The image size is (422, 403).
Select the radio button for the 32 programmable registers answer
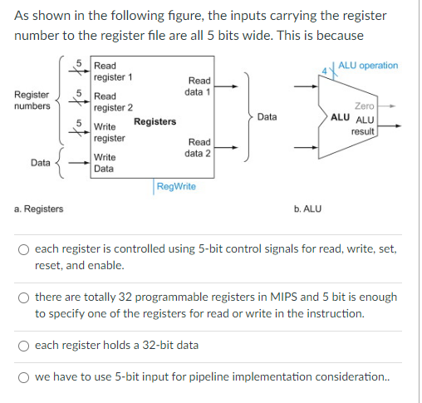click(23, 298)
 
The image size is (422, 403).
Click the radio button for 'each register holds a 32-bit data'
click(23, 346)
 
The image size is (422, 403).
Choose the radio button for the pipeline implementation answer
click(23, 377)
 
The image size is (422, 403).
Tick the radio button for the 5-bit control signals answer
click(23, 249)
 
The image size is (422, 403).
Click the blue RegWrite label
click(176, 186)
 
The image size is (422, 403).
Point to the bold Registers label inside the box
click(155, 121)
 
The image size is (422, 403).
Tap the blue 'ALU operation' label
click(368, 66)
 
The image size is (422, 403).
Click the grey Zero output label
click(365, 106)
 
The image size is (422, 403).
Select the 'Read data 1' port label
click(198, 86)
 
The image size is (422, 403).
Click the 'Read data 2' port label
click(198, 148)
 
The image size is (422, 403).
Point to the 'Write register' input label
click(110, 132)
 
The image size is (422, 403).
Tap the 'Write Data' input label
click(105, 163)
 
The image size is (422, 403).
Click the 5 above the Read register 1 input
click(79, 63)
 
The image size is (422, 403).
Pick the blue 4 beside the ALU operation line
click(325, 71)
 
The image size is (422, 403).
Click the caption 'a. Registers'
click(39, 209)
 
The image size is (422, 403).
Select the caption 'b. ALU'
click(307, 209)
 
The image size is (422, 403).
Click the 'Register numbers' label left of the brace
click(32, 101)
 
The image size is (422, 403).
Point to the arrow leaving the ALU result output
click(390, 126)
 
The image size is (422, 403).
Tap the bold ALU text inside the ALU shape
click(340, 117)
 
